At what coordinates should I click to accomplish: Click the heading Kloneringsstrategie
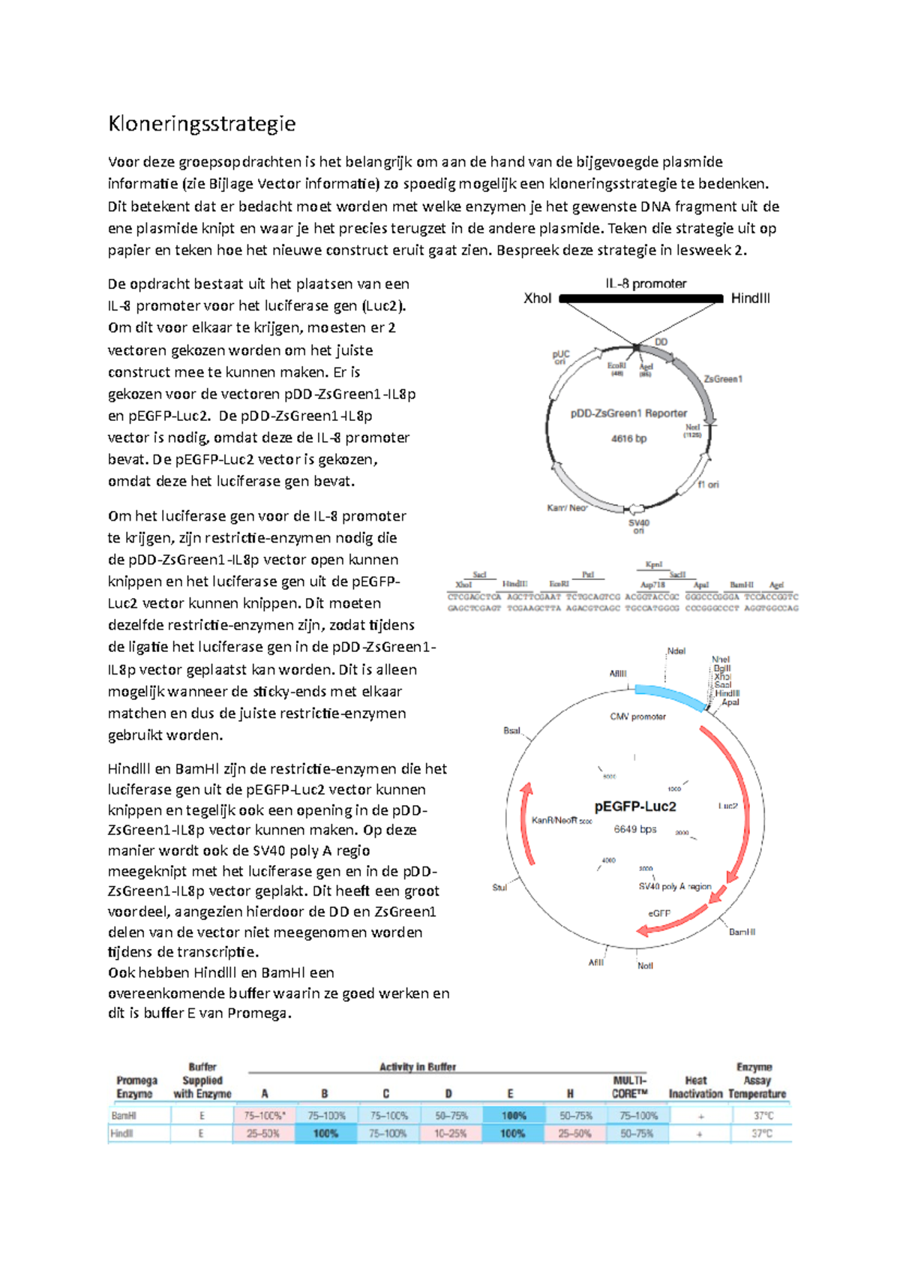click(202, 124)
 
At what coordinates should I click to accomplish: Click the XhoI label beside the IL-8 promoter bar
click(537, 299)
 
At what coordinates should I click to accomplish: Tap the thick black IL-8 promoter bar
click(641, 299)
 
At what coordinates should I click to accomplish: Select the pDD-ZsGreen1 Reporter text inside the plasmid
click(628, 413)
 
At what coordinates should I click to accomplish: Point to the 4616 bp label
click(628, 439)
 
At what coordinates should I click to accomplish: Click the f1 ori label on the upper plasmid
click(708, 485)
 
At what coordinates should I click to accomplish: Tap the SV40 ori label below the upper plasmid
click(638, 526)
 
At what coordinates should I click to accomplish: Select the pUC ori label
click(561, 357)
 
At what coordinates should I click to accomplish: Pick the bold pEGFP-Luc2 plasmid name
click(635, 807)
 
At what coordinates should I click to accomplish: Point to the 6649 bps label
click(635, 829)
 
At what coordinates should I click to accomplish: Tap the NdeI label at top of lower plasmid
click(676, 651)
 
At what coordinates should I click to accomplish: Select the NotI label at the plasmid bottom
click(645, 966)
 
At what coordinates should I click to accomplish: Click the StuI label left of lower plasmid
click(499, 888)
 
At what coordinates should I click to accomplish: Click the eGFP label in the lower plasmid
click(659, 913)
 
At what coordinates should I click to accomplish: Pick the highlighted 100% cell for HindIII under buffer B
click(325, 1134)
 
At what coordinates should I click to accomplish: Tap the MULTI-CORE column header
click(629, 1087)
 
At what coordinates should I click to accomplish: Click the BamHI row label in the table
click(124, 1116)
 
